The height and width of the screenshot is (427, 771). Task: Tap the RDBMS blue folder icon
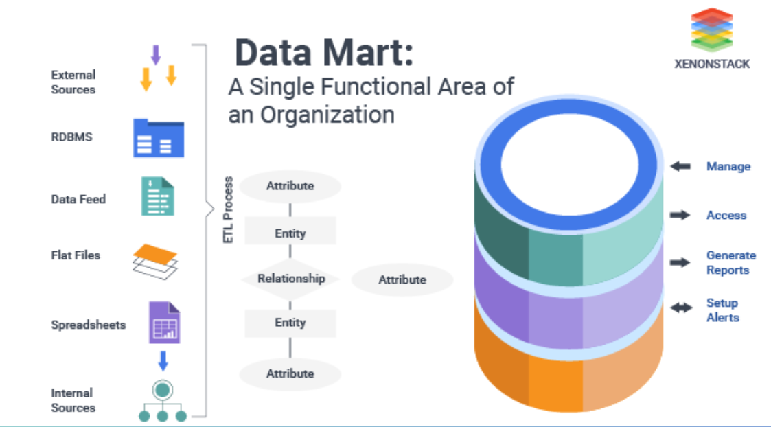159,138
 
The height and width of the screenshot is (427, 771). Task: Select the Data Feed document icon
158,196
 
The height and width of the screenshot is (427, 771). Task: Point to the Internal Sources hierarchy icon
162,401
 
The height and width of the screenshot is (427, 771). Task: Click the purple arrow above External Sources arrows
155,54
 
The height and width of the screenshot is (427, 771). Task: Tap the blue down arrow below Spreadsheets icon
163,360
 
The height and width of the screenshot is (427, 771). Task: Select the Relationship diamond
290,279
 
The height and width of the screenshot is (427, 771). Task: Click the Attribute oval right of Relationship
402,280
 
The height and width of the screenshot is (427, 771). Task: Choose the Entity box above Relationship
290,233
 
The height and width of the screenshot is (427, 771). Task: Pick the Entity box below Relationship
290,323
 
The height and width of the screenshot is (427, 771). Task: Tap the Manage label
728,167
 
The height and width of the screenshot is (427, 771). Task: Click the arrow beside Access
680,216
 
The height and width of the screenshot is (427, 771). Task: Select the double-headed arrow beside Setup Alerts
680,308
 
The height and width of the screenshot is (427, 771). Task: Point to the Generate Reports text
730,263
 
